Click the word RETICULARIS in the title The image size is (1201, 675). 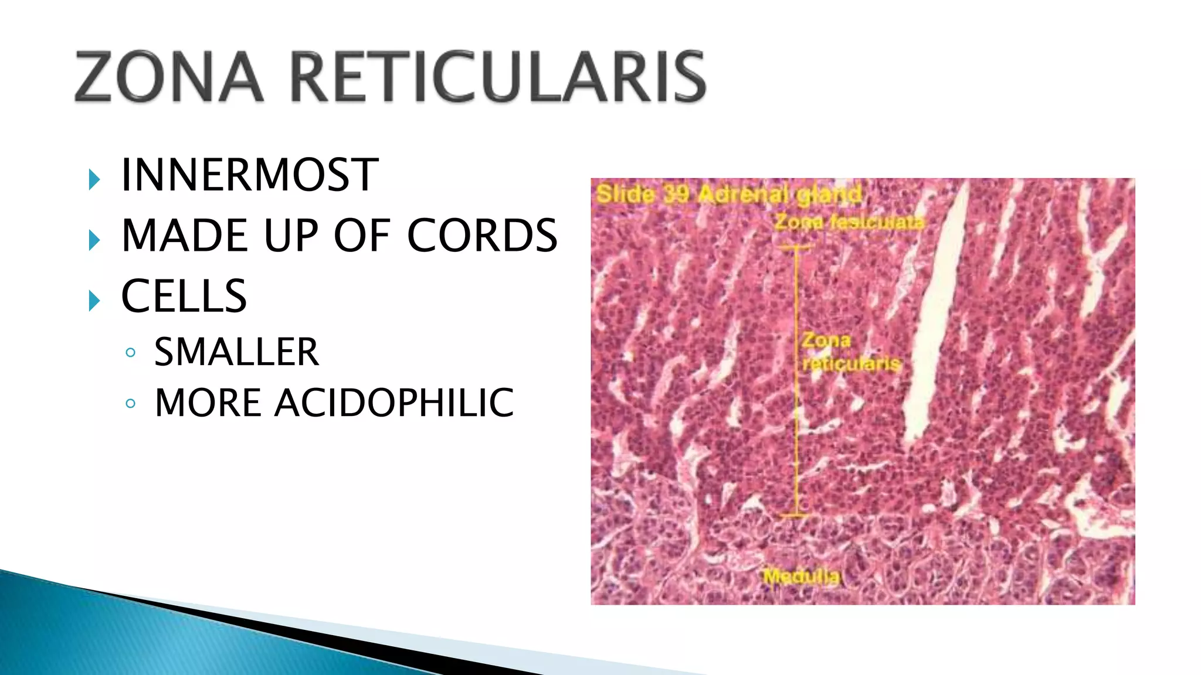(x=498, y=77)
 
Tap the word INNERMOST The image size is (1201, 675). (x=250, y=175)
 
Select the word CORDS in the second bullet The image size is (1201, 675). (x=482, y=236)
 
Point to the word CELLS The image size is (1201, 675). (x=184, y=296)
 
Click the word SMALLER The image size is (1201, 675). (x=236, y=352)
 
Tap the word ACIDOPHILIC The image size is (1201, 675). (x=394, y=403)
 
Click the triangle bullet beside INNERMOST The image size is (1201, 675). (x=94, y=179)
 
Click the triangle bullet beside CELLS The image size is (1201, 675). (x=94, y=301)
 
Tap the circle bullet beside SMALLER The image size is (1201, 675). (x=131, y=353)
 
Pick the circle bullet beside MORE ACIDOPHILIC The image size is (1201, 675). (x=131, y=404)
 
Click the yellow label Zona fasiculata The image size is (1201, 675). (x=849, y=223)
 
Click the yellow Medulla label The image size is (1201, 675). (x=802, y=577)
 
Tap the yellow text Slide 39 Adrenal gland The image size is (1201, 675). (x=728, y=194)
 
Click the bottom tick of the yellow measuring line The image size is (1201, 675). (x=796, y=515)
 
